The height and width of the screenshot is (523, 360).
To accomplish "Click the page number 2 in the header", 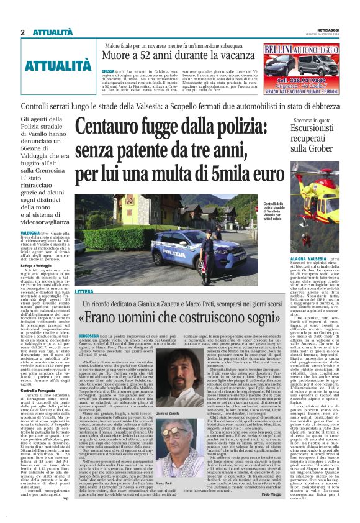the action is click(x=23, y=32).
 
